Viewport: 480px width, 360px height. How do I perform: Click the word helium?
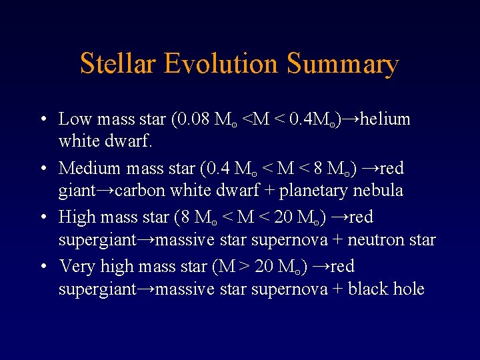pos(385,119)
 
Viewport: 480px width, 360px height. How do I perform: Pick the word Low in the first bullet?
pos(75,119)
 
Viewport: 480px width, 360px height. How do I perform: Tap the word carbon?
pos(141,191)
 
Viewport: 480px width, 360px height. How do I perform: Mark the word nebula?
pos(379,191)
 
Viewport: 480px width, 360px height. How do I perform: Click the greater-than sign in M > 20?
pos(244,267)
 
